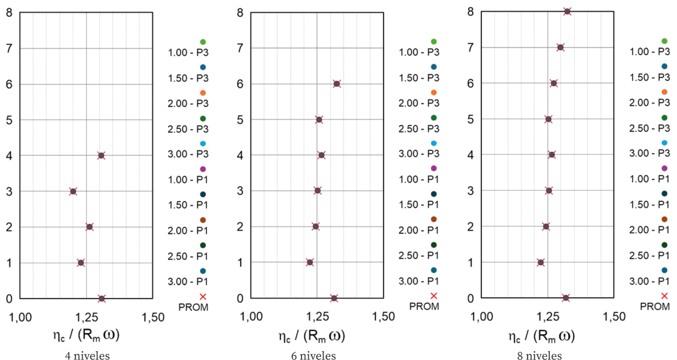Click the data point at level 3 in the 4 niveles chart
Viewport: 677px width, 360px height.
(x=73, y=191)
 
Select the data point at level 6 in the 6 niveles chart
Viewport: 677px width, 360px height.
(x=337, y=84)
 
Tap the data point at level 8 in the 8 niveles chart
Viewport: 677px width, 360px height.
(x=567, y=11)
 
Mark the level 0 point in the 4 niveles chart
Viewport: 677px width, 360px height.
(x=102, y=298)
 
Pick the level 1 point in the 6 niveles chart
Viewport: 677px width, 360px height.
(x=310, y=262)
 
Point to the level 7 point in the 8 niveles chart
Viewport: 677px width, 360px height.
(x=560, y=47)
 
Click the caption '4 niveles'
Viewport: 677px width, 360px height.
(x=87, y=356)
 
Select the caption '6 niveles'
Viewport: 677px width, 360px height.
(x=313, y=356)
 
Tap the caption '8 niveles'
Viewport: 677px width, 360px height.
(x=539, y=356)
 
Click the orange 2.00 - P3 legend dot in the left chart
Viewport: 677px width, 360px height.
(x=203, y=93)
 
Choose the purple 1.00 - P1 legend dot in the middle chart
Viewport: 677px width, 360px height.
(x=434, y=168)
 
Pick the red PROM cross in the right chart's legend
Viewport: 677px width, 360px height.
(x=664, y=296)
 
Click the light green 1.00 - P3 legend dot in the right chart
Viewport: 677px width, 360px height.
(x=664, y=41)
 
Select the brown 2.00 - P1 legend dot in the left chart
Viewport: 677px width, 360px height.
(x=203, y=220)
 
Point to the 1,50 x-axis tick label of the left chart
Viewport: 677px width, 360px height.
(x=153, y=317)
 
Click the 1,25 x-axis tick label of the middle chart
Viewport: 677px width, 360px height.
(x=317, y=317)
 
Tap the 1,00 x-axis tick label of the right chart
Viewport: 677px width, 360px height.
(x=481, y=317)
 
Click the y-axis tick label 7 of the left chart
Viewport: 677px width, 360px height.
(x=9, y=49)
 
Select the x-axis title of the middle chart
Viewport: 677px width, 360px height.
(x=312, y=336)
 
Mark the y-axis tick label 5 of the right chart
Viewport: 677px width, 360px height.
(x=470, y=119)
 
